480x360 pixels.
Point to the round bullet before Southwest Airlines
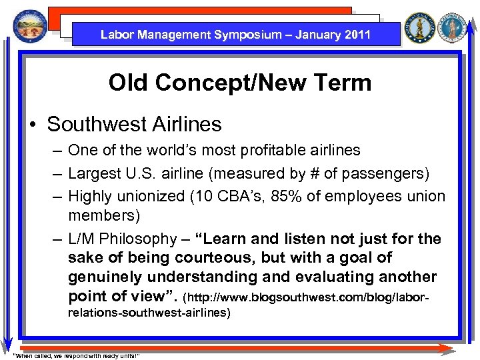pos(33,125)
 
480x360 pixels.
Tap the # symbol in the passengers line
pos(314,174)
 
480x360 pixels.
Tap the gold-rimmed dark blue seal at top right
pos(420,29)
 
